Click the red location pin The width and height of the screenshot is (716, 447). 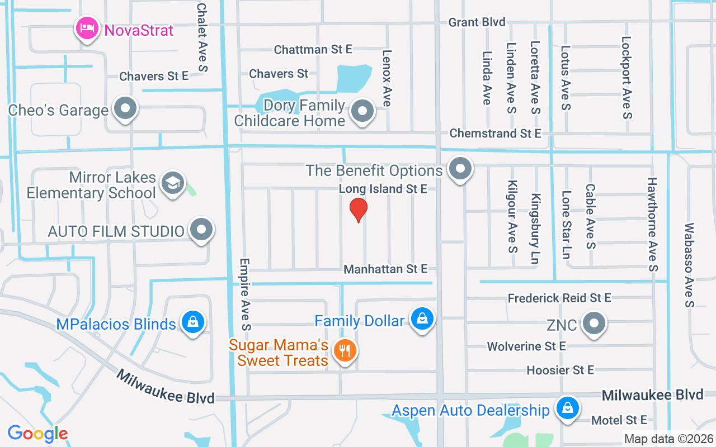pyautogui.click(x=358, y=210)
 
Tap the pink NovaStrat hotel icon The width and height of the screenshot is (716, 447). pyautogui.click(x=87, y=28)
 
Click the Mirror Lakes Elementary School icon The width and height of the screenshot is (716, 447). pyautogui.click(x=173, y=183)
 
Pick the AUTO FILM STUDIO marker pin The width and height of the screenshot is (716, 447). pyautogui.click(x=201, y=230)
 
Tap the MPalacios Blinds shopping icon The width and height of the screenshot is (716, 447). pyautogui.click(x=193, y=322)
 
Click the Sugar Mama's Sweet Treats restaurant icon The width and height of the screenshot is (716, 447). pyautogui.click(x=345, y=351)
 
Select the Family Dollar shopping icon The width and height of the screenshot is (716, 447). pyautogui.click(x=422, y=319)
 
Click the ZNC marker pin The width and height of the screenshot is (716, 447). pyautogui.click(x=594, y=323)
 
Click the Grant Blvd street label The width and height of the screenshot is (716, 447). pyautogui.click(x=477, y=22)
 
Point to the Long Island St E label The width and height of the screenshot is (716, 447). pyautogui.click(x=383, y=189)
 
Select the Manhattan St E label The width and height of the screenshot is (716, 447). pyautogui.click(x=385, y=269)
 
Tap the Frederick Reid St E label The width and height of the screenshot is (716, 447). pyautogui.click(x=559, y=298)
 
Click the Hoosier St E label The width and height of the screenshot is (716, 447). pyautogui.click(x=560, y=370)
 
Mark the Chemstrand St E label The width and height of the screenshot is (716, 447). pyautogui.click(x=496, y=134)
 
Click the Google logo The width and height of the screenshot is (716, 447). pyautogui.click(x=37, y=434)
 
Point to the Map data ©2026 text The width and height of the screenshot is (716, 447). pyautogui.click(x=668, y=439)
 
